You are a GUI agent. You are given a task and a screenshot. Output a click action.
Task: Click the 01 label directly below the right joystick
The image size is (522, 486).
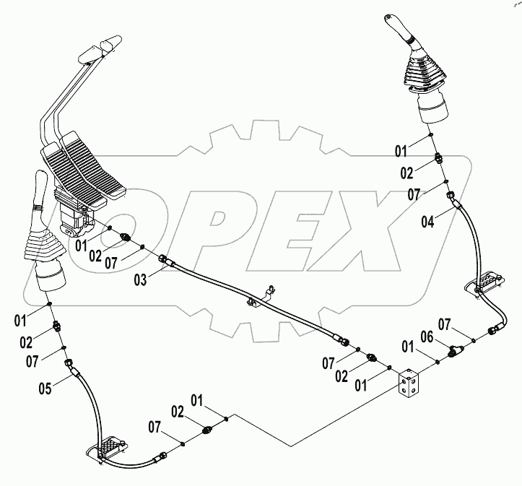[400, 151]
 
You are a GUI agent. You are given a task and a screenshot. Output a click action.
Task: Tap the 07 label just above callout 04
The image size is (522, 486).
[412, 194]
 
